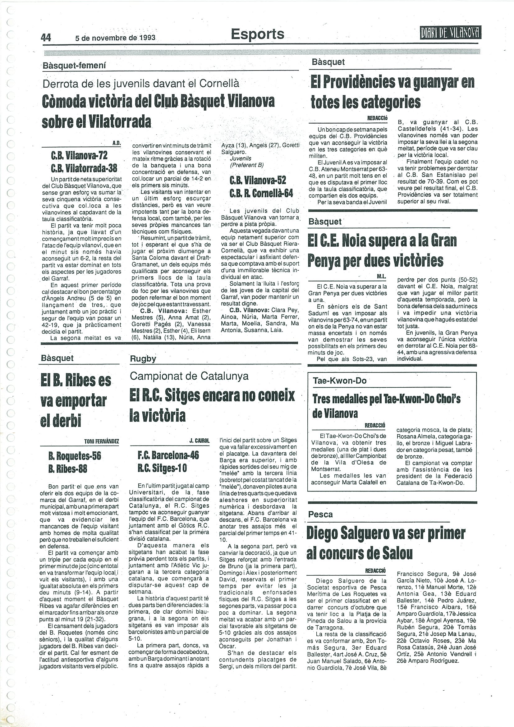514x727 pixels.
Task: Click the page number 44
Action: tap(46, 38)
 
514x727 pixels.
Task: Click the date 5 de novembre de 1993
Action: tap(115, 38)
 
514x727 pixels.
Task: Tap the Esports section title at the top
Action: tap(258, 34)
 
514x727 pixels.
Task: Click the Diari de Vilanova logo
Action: tap(450, 32)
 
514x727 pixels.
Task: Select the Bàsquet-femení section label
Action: tap(74, 66)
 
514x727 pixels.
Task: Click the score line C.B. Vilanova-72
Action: tap(79, 155)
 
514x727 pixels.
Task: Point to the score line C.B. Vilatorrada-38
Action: tap(84, 168)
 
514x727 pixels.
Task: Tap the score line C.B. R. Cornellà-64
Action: tap(261, 193)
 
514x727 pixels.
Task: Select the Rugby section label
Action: tap(143, 359)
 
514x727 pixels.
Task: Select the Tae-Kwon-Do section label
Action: tap(339, 381)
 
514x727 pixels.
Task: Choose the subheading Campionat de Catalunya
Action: tap(189, 376)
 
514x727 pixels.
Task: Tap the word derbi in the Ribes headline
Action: tap(61, 420)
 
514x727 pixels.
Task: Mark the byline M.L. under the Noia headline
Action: tap(381, 277)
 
